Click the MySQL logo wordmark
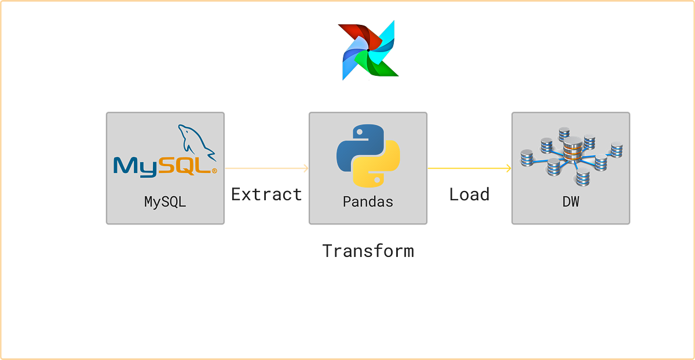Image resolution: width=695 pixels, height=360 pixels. [x=164, y=165]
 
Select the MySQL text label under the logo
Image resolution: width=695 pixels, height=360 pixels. [x=165, y=202]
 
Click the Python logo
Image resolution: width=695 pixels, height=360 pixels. [x=368, y=155]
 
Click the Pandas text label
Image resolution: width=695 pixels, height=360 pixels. [x=368, y=202]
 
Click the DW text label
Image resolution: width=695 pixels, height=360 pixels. [x=570, y=202]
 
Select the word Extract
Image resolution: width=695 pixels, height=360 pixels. [x=266, y=194]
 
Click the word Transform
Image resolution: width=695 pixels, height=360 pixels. [x=368, y=251]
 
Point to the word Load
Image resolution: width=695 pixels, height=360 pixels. [x=469, y=194]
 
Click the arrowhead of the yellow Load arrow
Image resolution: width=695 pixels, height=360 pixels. [x=508, y=168]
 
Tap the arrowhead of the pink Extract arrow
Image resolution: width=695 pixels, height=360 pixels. [x=305, y=168]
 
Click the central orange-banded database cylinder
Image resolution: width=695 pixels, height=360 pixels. [x=572, y=149]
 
